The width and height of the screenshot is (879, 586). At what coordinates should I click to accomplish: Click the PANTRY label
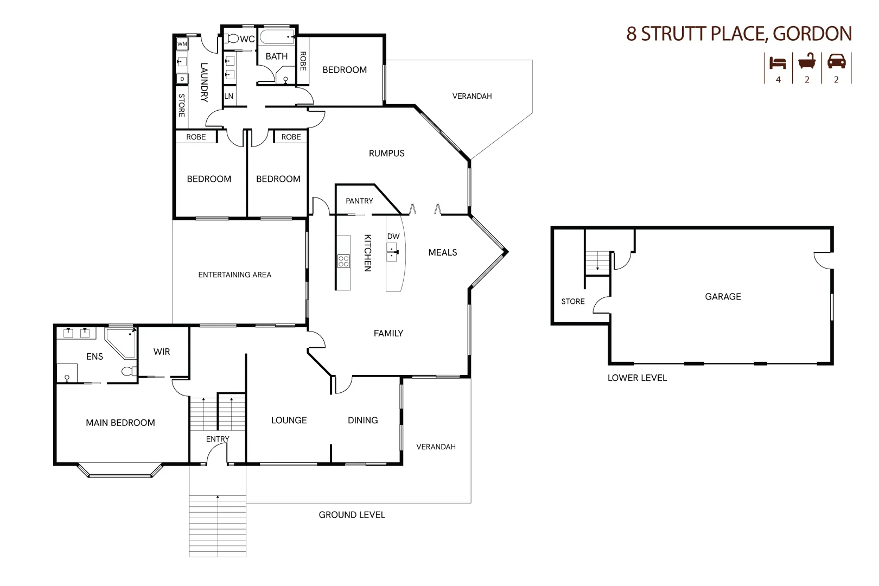pyautogui.click(x=359, y=201)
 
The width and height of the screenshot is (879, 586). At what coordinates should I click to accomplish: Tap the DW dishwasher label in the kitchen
pyautogui.click(x=393, y=236)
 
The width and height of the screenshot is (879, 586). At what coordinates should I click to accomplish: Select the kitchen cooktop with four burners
pyautogui.click(x=343, y=262)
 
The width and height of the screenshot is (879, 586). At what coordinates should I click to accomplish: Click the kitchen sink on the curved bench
pyautogui.click(x=392, y=250)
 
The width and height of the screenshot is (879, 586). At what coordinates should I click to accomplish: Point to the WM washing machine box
pyautogui.click(x=182, y=44)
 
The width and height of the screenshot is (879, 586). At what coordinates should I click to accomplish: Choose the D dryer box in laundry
pyautogui.click(x=182, y=79)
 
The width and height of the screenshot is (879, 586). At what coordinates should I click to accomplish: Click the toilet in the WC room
pyautogui.click(x=232, y=39)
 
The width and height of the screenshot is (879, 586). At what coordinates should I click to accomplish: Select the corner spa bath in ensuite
pyautogui.click(x=121, y=343)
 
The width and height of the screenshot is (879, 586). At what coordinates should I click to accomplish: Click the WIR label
pyautogui.click(x=162, y=352)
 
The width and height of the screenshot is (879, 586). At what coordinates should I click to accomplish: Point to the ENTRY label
pyautogui.click(x=218, y=438)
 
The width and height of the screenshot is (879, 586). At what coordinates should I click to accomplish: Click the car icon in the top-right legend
pyautogui.click(x=836, y=62)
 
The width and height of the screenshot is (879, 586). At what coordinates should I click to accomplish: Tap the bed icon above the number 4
pyautogui.click(x=778, y=62)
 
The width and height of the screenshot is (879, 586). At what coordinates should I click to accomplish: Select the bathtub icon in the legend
pyautogui.click(x=807, y=62)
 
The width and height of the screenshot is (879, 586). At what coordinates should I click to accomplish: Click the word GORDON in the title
pyautogui.click(x=812, y=34)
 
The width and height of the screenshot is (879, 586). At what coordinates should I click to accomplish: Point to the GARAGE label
pyautogui.click(x=723, y=296)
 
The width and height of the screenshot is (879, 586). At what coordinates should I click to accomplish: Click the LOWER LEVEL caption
pyautogui.click(x=637, y=378)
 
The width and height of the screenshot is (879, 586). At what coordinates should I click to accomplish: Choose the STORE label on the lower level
pyautogui.click(x=573, y=301)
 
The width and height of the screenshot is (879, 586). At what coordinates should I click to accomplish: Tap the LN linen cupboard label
pyautogui.click(x=229, y=96)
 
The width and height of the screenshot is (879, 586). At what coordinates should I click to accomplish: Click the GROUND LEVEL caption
pyautogui.click(x=352, y=514)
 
